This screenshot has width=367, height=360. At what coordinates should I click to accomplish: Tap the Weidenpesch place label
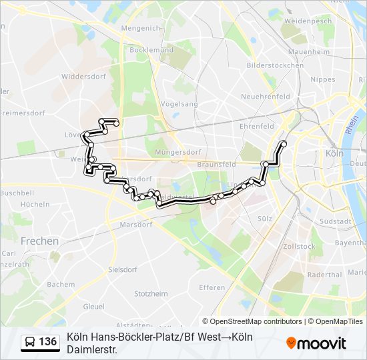(x=308, y=21)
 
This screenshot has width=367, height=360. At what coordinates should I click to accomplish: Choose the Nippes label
(x=323, y=79)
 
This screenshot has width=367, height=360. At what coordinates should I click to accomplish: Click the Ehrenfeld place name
(x=257, y=126)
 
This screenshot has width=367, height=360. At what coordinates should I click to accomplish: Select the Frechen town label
(x=39, y=241)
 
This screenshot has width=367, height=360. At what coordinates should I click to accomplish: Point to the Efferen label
(x=212, y=287)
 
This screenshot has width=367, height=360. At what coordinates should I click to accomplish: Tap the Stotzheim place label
(x=151, y=293)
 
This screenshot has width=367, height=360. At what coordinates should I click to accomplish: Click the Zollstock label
(x=299, y=246)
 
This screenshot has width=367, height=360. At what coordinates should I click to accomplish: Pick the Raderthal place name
(x=325, y=274)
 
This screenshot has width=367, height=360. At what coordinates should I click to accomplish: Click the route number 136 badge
(x=47, y=342)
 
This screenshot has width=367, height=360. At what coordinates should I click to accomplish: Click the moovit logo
(x=316, y=343)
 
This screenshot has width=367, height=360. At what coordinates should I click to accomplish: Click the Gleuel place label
(x=93, y=307)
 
